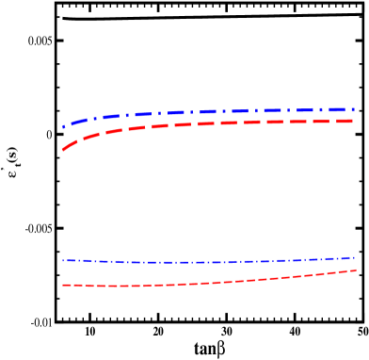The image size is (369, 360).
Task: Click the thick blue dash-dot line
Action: (x=207, y=111)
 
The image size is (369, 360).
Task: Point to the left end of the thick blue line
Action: (x=63, y=126)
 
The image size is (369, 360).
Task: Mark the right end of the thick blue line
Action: (x=354, y=109)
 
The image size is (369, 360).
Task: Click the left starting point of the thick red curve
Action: (x=63, y=149)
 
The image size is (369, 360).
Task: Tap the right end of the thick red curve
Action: (x=354, y=121)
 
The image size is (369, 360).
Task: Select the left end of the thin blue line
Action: (x=63, y=260)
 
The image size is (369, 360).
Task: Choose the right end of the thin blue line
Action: (x=354, y=257)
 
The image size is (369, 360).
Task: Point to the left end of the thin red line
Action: (x=63, y=285)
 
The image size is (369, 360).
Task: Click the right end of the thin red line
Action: (x=355, y=270)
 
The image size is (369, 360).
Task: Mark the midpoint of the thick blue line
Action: (x=208, y=111)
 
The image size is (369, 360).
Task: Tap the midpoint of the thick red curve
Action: (x=208, y=123)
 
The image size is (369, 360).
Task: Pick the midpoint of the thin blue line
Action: (x=208, y=262)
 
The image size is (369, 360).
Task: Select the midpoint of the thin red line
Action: (x=208, y=283)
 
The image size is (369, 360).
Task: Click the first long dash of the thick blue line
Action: (x=75, y=121)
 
